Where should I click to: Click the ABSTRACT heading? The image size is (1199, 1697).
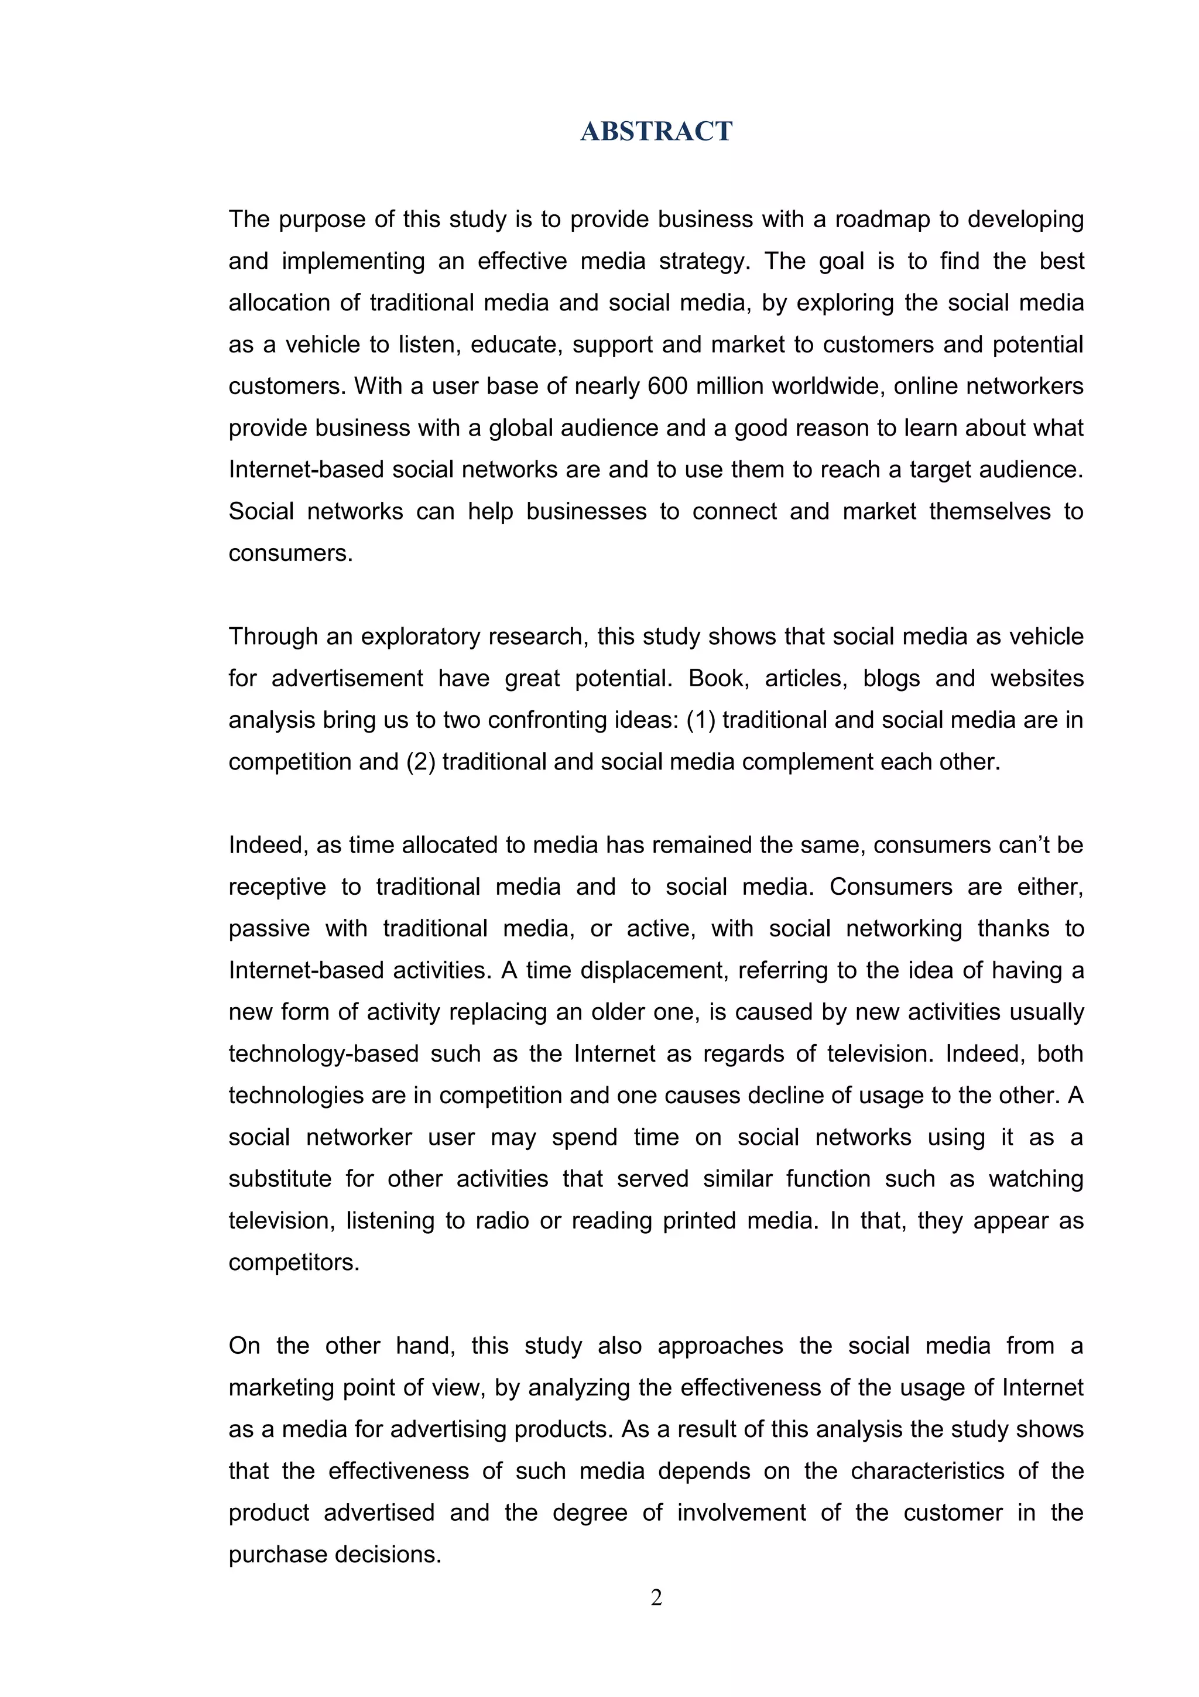(x=656, y=132)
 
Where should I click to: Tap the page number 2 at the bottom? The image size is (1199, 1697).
(x=656, y=1598)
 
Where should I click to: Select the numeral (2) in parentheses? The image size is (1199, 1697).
(x=420, y=762)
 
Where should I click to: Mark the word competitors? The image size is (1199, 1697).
(x=293, y=1263)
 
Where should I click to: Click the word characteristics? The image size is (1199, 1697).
(x=927, y=1471)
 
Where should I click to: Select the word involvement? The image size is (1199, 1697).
(x=741, y=1513)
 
